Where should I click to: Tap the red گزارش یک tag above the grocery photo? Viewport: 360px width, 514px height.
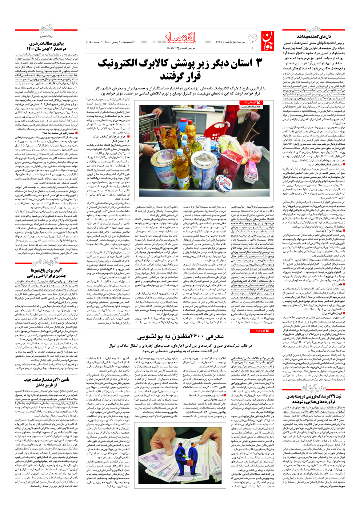(x=251, y=103)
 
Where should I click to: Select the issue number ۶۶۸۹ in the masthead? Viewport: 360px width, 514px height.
(x=220, y=42)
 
